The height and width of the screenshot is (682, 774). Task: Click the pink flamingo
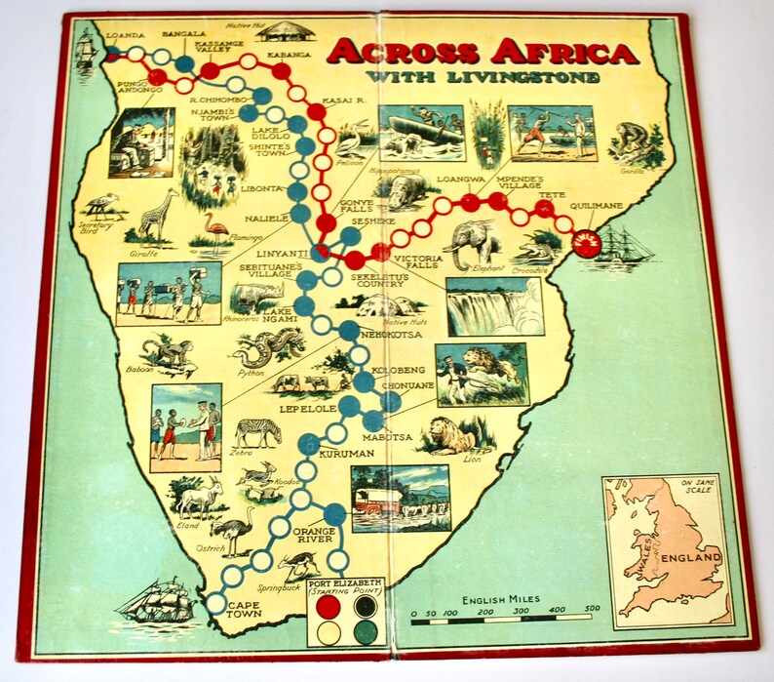point(213,226)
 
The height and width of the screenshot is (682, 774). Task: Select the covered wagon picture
point(400,499)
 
